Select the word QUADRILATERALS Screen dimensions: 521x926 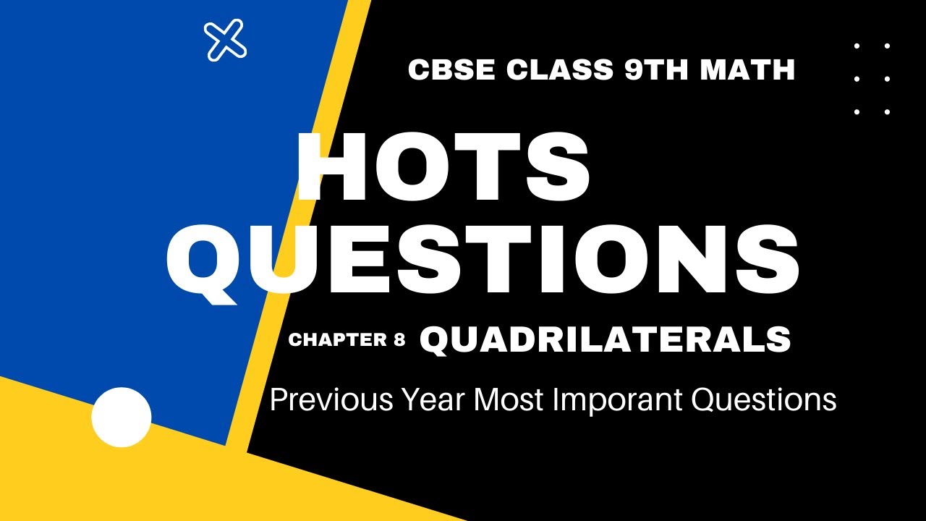(605, 340)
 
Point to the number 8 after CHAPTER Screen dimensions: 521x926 (399, 340)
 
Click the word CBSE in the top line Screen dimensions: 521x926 (453, 70)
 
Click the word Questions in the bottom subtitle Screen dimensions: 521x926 (763, 399)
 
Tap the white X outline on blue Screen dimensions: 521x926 (226, 40)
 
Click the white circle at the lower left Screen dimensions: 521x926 (122, 417)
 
